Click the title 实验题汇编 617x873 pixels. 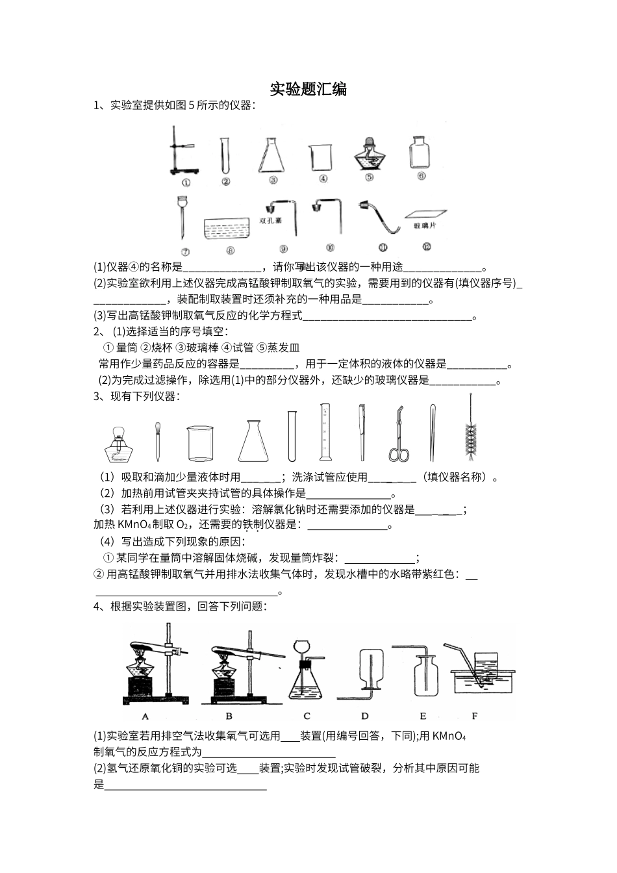308,89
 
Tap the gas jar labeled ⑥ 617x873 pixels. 420,153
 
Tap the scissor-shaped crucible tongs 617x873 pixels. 398,435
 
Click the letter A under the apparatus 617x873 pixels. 145,716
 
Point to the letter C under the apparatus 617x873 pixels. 307,716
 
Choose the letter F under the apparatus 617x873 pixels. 474,716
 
